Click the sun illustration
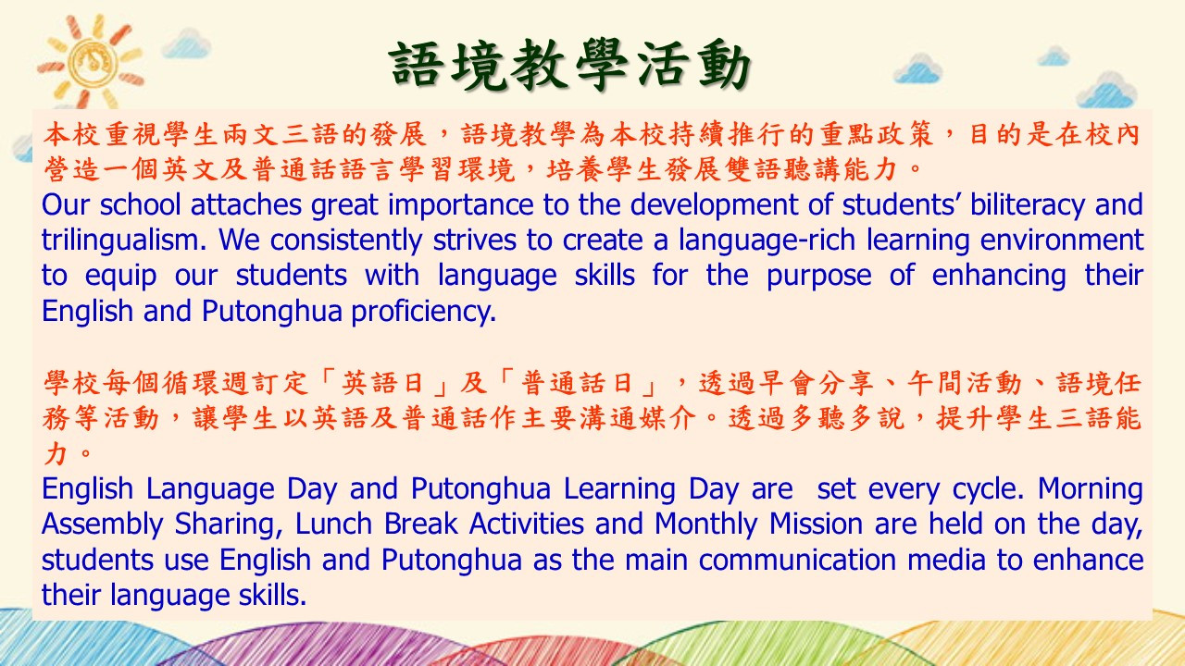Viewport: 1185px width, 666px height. pyautogui.click(x=90, y=62)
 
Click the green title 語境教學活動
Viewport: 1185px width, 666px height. pyautogui.click(x=569, y=65)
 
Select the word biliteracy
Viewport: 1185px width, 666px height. pyautogui.click(x=1028, y=205)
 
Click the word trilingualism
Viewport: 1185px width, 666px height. pyautogui.click(x=123, y=240)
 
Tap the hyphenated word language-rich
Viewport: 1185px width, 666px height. pyautogui.click(x=767, y=240)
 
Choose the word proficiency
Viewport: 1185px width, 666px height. pyautogui.click(x=424, y=312)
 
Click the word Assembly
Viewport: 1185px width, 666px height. pyautogui.click(x=102, y=524)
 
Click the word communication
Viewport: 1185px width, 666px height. pyautogui.click(x=797, y=560)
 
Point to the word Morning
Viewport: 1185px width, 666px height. pyautogui.click(x=1091, y=489)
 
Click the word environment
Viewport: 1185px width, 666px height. pyautogui.click(x=1062, y=240)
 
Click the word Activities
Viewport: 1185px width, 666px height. pyautogui.click(x=527, y=524)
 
